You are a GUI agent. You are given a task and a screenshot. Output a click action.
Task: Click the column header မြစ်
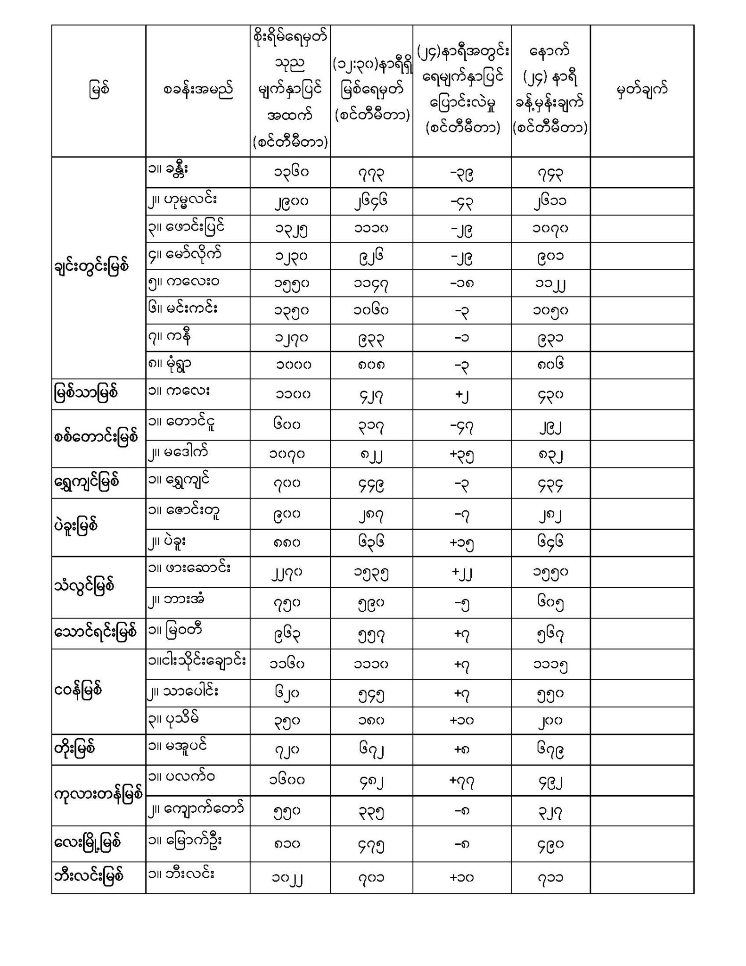point(98,90)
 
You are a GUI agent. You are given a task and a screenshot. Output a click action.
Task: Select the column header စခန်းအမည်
point(198,90)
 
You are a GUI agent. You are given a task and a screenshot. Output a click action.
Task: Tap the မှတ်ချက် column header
point(642,90)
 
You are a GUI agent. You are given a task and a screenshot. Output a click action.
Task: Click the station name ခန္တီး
point(177,170)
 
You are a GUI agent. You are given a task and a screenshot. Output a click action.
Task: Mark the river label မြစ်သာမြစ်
point(85,393)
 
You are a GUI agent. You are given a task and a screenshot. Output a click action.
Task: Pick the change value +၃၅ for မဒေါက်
point(462,455)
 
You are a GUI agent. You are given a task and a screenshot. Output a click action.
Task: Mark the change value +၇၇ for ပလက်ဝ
point(462,781)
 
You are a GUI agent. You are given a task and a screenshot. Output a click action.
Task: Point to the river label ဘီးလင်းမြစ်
point(89,876)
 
